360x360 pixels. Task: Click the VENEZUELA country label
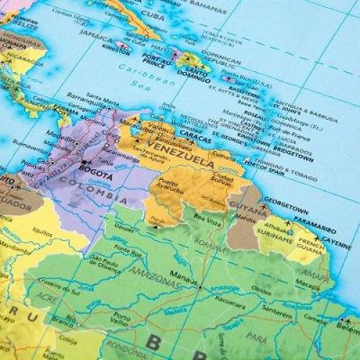[x=188, y=148]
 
